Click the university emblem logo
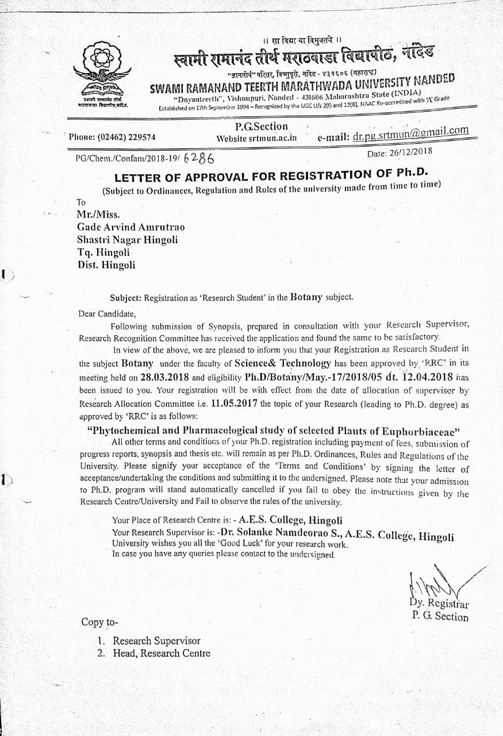click(103, 68)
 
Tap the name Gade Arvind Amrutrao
click(131, 227)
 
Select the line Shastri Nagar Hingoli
click(128, 240)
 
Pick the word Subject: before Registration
click(126, 298)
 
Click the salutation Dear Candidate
click(107, 314)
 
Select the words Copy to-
click(99, 622)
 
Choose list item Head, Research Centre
click(162, 653)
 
